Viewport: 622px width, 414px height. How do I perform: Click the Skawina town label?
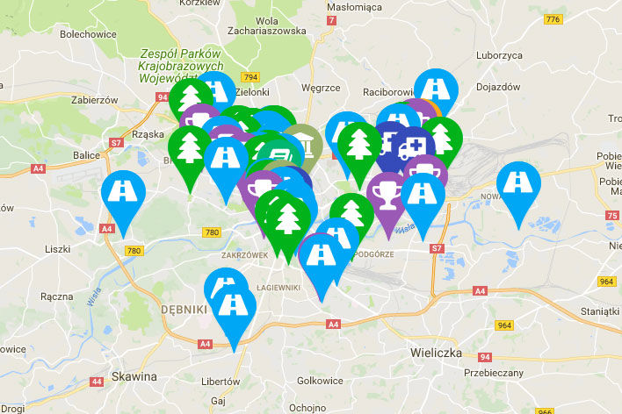(134, 376)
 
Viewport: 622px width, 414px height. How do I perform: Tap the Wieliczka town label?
(436, 352)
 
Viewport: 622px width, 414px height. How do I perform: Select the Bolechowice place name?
(89, 35)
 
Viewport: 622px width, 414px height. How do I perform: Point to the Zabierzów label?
(94, 100)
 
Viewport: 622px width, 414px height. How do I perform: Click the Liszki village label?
(57, 249)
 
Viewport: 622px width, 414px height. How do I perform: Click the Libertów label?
(221, 382)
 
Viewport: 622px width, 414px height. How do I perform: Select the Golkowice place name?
(319, 380)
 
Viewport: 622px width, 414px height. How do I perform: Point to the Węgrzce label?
(320, 88)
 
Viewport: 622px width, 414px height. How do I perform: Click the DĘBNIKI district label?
(184, 310)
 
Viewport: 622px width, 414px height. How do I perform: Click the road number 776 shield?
(552, 19)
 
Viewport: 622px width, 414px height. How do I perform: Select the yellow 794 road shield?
(252, 76)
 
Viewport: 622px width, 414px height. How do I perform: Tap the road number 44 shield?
(97, 382)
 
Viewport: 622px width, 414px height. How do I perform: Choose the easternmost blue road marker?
(518, 186)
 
